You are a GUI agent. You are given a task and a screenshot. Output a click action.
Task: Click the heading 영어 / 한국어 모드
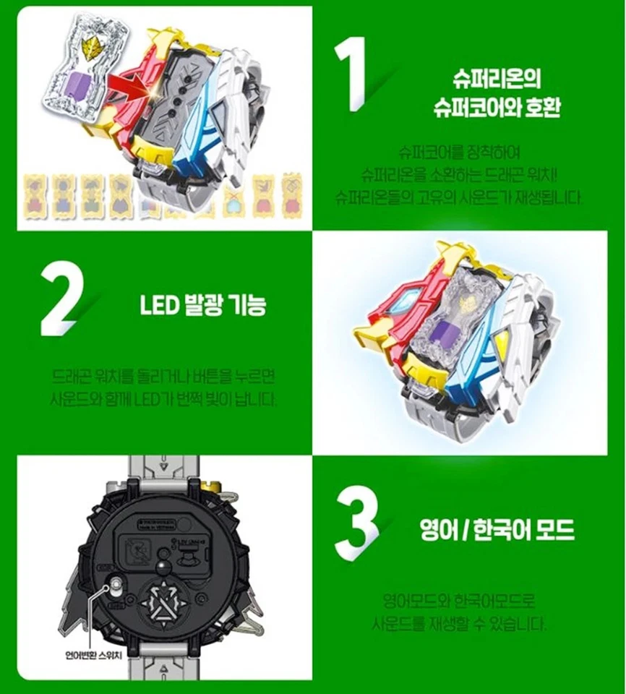(x=497, y=531)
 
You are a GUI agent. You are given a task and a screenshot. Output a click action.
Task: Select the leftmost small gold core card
(x=34, y=195)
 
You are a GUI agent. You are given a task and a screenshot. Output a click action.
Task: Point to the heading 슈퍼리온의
(x=497, y=78)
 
